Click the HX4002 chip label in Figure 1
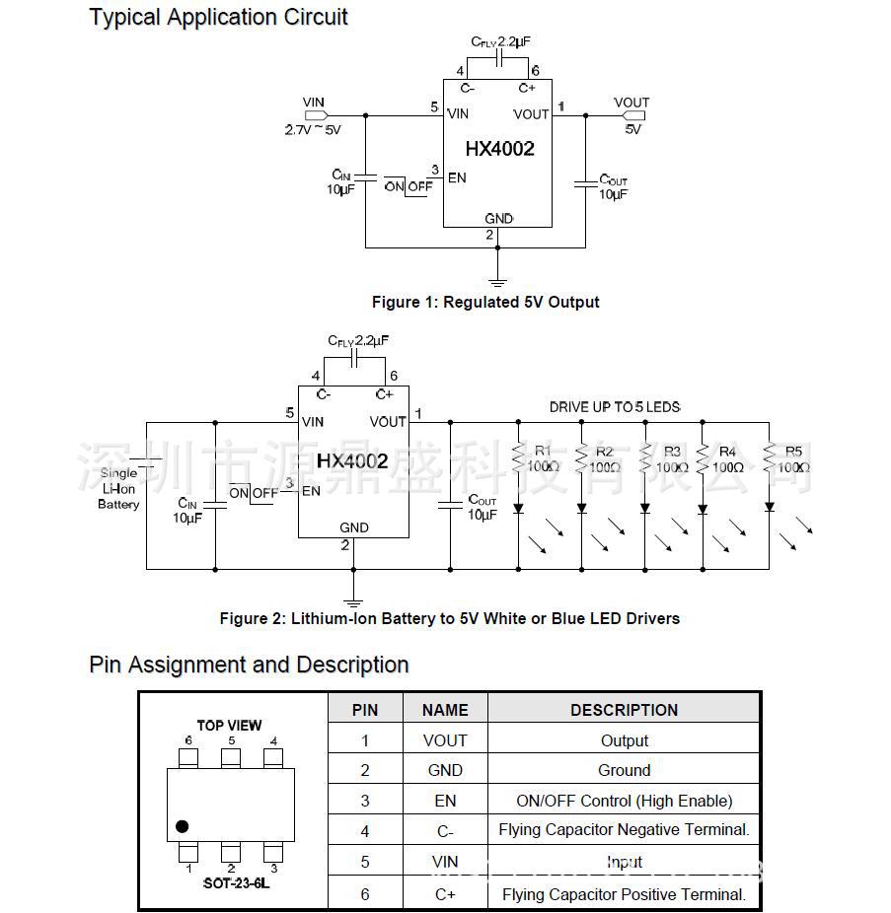pyautogui.click(x=499, y=149)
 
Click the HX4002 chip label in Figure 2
pyautogui.click(x=352, y=460)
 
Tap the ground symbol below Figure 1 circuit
pyautogui.click(x=498, y=282)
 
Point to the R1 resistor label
pyautogui.click(x=543, y=452)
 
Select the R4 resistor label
pyautogui.click(x=727, y=453)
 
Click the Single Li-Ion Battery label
pyautogui.click(x=118, y=489)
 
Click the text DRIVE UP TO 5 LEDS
pyautogui.click(x=615, y=407)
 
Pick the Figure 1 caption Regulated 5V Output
pyautogui.click(x=484, y=302)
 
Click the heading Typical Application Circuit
pyautogui.click(x=218, y=17)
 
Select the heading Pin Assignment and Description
pyautogui.click(x=249, y=665)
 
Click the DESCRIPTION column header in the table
pyautogui.click(x=624, y=710)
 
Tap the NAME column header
pyautogui.click(x=445, y=710)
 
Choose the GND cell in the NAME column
pyautogui.click(x=445, y=770)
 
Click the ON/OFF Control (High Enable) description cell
pyautogui.click(x=624, y=801)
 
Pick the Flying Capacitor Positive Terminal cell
pyautogui.click(x=624, y=894)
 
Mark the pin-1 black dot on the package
pyautogui.click(x=182, y=826)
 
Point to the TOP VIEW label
pyautogui.click(x=229, y=726)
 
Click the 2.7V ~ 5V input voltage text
pyautogui.click(x=312, y=129)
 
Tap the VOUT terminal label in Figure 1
pyautogui.click(x=631, y=103)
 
